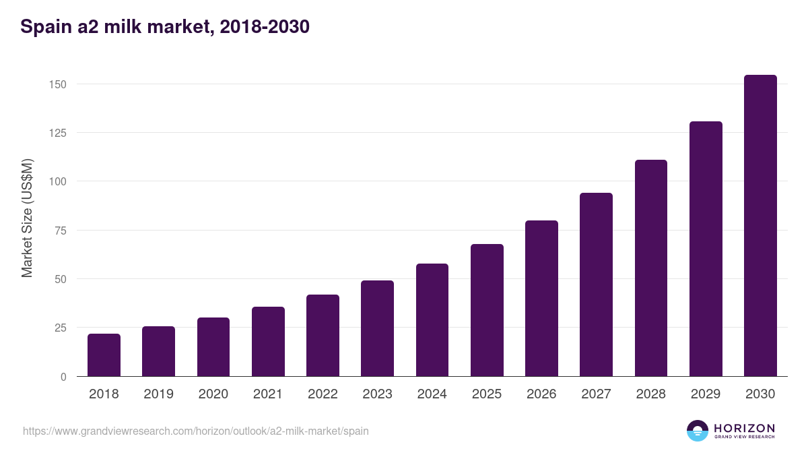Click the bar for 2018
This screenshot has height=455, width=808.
[104, 355]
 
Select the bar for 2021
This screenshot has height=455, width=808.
[268, 342]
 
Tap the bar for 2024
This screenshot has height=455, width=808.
[432, 320]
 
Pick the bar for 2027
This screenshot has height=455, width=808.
[596, 284]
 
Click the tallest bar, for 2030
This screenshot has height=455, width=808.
[760, 226]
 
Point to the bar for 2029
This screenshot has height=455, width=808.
[706, 249]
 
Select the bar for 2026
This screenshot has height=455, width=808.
[541, 299]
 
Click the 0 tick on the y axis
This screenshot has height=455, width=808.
[63, 377]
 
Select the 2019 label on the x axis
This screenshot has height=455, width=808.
[158, 394]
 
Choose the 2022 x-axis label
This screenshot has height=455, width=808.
[323, 394]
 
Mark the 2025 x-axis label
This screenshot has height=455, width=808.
[487, 394]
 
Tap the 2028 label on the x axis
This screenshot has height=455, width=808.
[650, 394]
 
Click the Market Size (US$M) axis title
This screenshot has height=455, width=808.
[27, 218]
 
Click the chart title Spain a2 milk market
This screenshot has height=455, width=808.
[165, 27]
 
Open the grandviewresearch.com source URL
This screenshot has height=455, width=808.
[196, 431]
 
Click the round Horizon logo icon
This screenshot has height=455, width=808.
[698, 431]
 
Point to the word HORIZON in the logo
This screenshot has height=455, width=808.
[744, 428]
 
